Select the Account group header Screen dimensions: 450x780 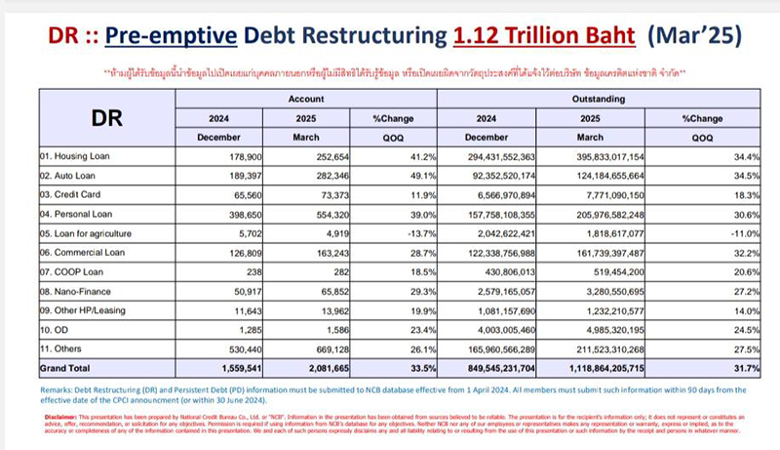pyautogui.click(x=306, y=100)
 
